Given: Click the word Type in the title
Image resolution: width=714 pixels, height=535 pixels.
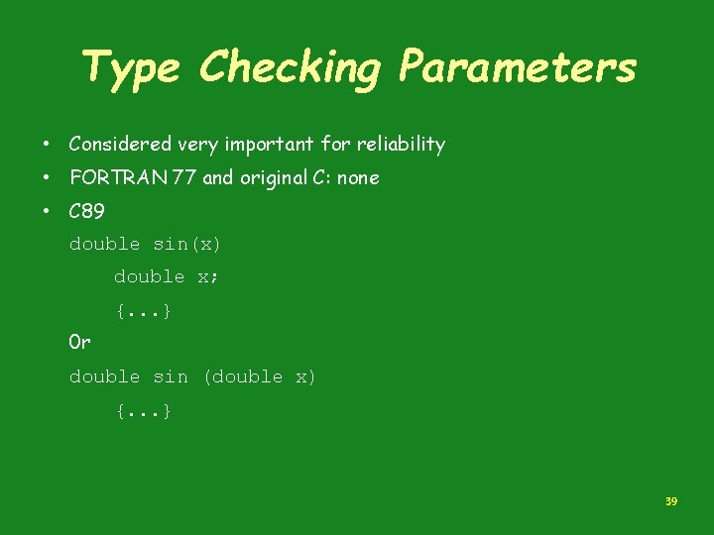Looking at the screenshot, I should pyautogui.click(x=130, y=68).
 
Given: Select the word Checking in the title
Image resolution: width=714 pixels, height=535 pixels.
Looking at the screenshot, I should pyautogui.click(x=290, y=68).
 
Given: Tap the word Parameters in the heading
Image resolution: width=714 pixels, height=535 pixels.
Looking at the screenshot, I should pyautogui.click(x=517, y=68).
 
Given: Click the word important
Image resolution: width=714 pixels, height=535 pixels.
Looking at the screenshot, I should pyautogui.click(x=269, y=145).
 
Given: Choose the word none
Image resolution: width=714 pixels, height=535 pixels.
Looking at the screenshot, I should pyautogui.click(x=357, y=178).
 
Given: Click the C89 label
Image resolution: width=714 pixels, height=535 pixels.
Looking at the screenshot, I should pyautogui.click(x=86, y=211).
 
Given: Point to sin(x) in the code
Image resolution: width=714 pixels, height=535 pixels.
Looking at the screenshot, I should pyautogui.click(x=187, y=244).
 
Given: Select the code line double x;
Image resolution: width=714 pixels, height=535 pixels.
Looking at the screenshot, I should pyautogui.click(x=166, y=277).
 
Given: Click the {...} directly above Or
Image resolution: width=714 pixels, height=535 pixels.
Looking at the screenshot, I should pyautogui.click(x=144, y=311).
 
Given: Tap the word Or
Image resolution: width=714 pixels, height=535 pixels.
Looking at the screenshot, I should pyautogui.click(x=79, y=343).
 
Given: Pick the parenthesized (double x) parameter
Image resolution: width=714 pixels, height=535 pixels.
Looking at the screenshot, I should pyautogui.click(x=259, y=376).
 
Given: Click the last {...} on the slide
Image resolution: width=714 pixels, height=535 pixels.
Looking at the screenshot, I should pyautogui.click(x=144, y=410).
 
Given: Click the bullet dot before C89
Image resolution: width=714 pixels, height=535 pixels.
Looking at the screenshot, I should pyautogui.click(x=47, y=211).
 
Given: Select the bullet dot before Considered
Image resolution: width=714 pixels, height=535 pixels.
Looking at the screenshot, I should pyautogui.click(x=47, y=145).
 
